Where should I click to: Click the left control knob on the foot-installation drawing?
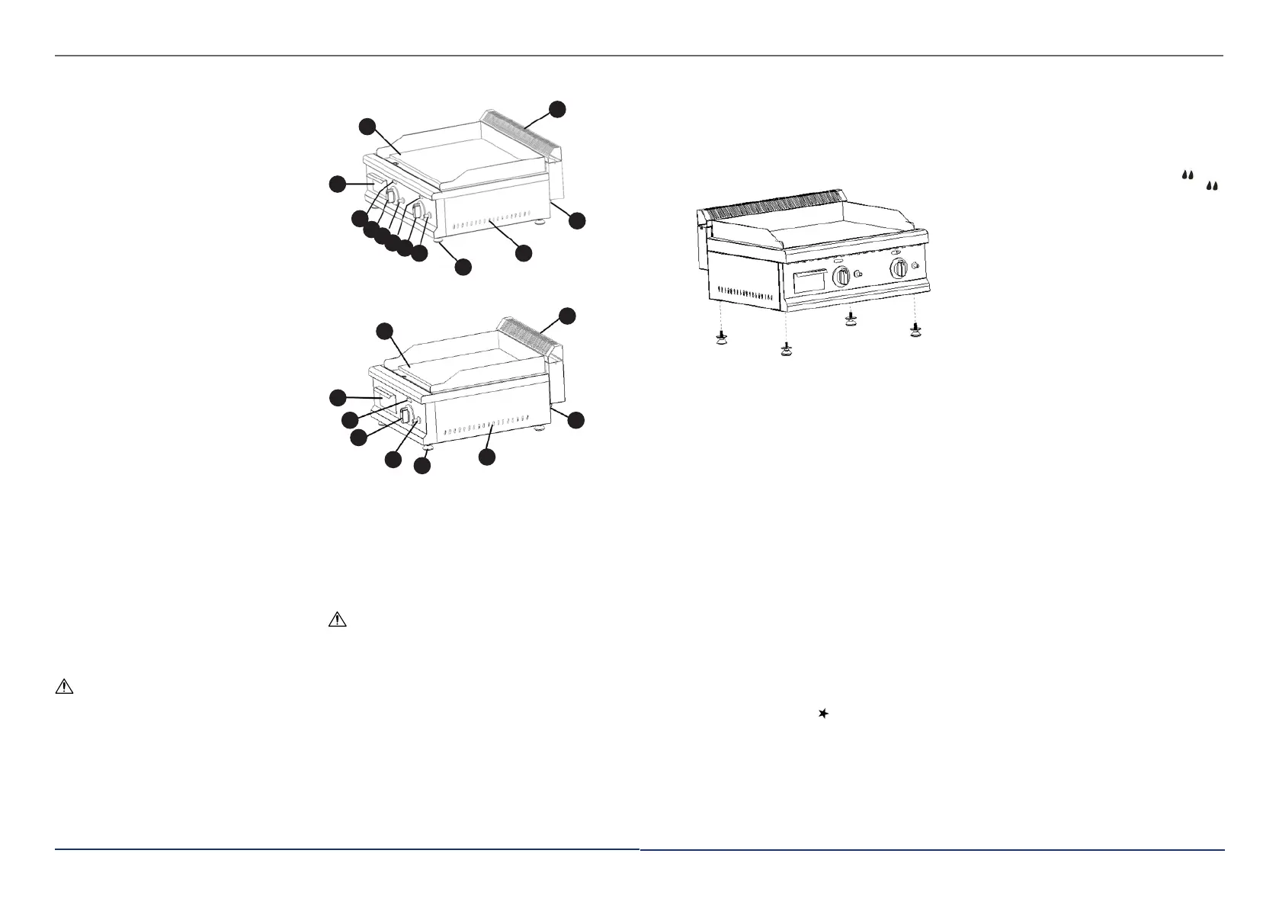click(842, 277)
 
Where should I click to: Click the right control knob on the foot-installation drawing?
click(899, 268)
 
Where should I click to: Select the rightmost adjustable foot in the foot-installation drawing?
click(915, 329)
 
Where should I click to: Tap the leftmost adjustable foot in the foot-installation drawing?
click(718, 338)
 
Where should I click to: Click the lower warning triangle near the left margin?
click(64, 686)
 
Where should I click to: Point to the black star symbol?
click(822, 714)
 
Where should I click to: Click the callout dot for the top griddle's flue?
click(559, 108)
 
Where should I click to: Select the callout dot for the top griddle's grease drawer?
click(337, 184)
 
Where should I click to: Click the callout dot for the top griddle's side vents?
click(523, 253)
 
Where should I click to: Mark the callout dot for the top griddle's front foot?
click(463, 267)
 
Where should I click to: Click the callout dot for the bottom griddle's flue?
click(567, 316)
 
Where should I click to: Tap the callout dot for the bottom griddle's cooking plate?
click(386, 330)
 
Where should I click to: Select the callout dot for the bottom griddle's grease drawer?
click(337, 397)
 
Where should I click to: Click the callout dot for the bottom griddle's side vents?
click(487, 457)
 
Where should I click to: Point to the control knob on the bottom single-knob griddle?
click(405, 415)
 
